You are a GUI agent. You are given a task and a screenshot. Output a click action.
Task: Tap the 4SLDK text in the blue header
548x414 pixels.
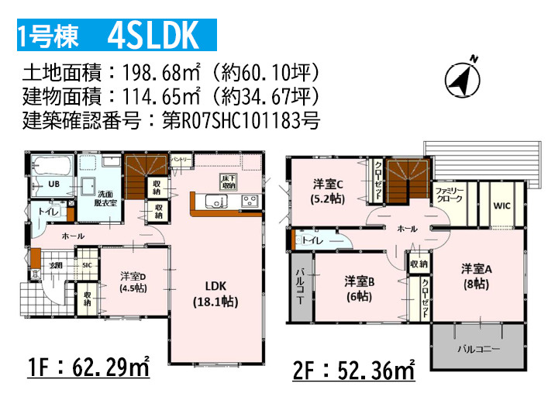pyautogui.click(x=154, y=35)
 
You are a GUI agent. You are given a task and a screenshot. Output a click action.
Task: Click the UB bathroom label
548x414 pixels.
pyautogui.click(x=54, y=185)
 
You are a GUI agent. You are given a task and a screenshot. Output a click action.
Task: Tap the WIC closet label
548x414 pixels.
pyautogui.click(x=502, y=205)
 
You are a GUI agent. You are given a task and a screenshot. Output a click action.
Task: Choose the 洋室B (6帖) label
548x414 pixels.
pyautogui.click(x=360, y=289)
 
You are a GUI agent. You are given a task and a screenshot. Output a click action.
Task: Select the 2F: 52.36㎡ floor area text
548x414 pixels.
pyautogui.click(x=353, y=371)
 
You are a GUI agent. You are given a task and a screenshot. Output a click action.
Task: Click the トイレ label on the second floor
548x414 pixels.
pyautogui.click(x=313, y=241)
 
